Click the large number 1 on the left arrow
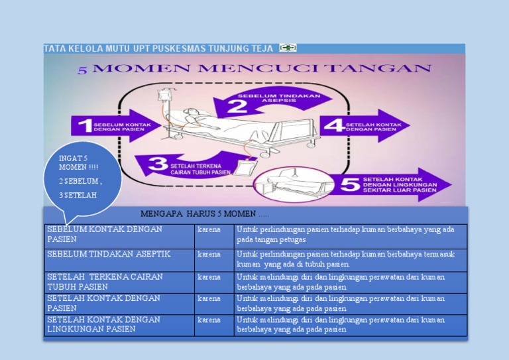pyautogui.click(x=85, y=126)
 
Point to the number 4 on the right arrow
pyautogui.click(x=336, y=125)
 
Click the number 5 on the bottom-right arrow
pyautogui.click(x=349, y=184)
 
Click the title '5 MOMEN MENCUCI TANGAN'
pyautogui.click(x=255, y=68)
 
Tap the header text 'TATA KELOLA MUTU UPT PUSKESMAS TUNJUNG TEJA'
pyautogui.click(x=159, y=48)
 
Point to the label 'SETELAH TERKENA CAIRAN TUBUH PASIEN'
pyautogui.click(x=201, y=168)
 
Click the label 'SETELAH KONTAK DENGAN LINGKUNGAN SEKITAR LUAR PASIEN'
pyautogui.click(x=400, y=184)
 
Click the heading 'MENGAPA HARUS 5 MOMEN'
pyautogui.click(x=205, y=213)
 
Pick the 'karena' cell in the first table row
pyautogui.click(x=213, y=234)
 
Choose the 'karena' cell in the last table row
pyautogui.click(x=213, y=324)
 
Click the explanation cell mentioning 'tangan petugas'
pyautogui.click(x=350, y=234)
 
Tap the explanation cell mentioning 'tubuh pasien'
pyautogui.click(x=350, y=259)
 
